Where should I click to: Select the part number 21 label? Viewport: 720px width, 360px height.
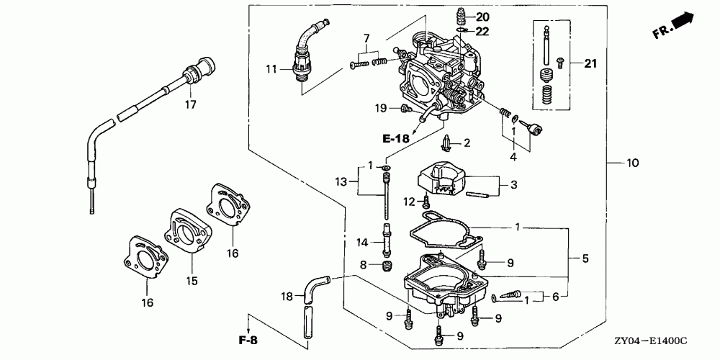coord(590,63)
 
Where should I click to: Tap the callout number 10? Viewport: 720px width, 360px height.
coord(632,163)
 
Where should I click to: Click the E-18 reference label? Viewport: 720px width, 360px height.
coord(395,138)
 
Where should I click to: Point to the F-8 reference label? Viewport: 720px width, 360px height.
coord(248,341)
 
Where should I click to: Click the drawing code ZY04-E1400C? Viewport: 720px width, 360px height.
coord(651,341)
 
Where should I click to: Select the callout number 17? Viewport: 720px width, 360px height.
coord(190,104)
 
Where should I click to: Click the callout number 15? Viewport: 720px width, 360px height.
coord(192,280)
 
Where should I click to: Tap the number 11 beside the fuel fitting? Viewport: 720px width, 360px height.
coord(271,70)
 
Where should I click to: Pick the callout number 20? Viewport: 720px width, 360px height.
coord(482,17)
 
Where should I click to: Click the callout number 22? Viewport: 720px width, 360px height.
coord(482,31)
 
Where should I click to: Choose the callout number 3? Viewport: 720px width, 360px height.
coord(513,185)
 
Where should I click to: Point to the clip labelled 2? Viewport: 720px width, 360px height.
coord(446,144)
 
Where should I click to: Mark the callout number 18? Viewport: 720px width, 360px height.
coord(287,297)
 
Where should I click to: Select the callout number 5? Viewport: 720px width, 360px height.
coord(585,258)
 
